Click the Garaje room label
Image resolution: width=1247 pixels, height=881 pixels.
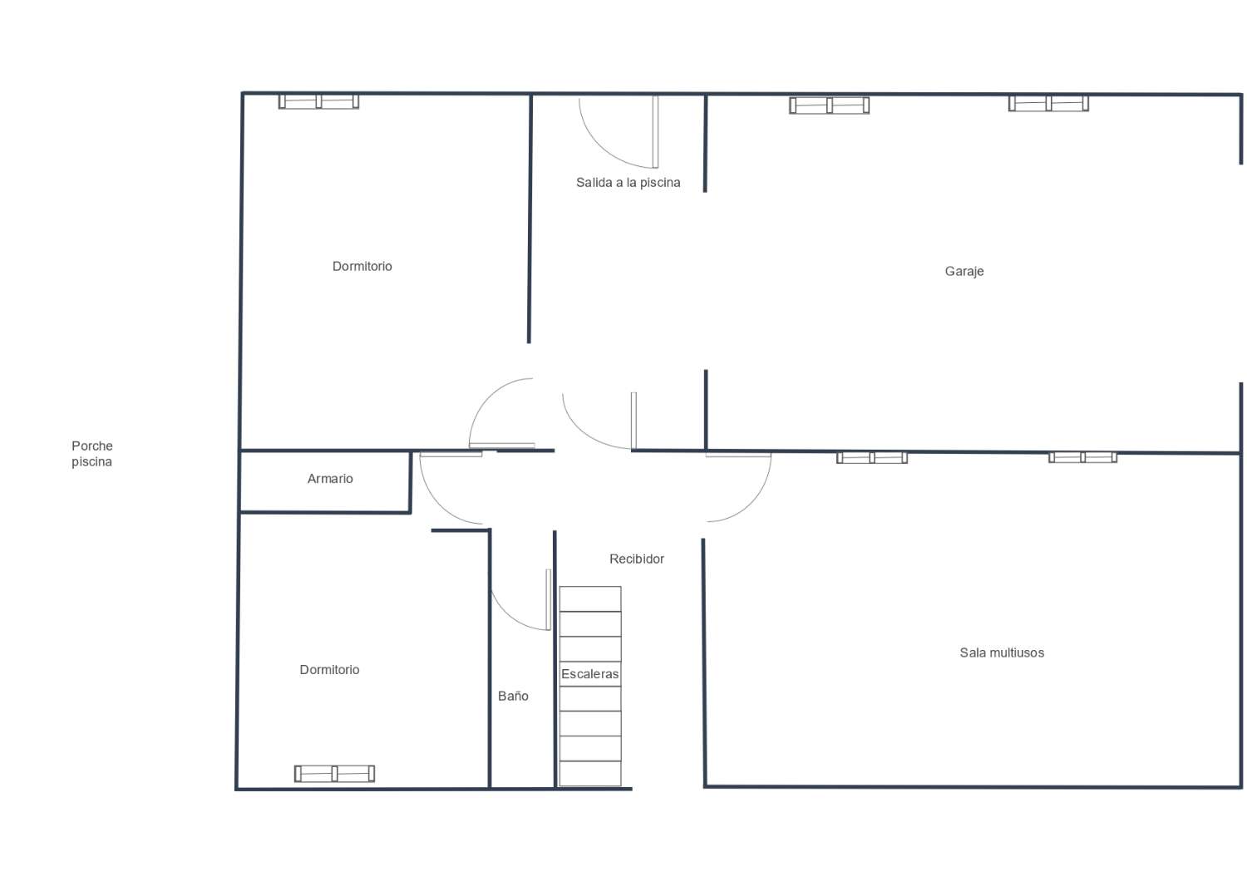[964, 272]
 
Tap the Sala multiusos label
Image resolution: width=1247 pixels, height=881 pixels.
[1002, 652]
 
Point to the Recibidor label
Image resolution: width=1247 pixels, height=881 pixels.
[636, 559]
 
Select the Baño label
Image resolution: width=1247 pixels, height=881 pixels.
[513, 696]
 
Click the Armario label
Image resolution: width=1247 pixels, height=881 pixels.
[329, 479]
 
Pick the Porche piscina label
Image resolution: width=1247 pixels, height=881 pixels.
[91, 454]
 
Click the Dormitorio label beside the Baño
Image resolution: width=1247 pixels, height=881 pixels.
[329, 670]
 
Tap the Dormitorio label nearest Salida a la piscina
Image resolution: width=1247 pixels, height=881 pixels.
[362, 267]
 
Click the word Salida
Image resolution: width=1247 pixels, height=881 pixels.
[594, 183]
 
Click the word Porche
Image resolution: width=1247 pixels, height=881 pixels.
[91, 445]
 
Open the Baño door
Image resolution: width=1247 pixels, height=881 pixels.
[548, 599]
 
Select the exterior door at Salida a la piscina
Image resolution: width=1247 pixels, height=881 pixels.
[655, 132]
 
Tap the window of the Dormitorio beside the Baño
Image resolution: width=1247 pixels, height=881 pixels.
[334, 774]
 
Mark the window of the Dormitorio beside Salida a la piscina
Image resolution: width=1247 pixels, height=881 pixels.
[318, 101]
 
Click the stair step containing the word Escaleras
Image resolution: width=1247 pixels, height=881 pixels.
[590, 674]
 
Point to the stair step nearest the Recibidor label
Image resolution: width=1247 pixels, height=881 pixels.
[590, 599]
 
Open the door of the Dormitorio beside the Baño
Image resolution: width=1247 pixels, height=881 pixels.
[451, 455]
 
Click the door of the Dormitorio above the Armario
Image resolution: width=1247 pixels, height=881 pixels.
[501, 445]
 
